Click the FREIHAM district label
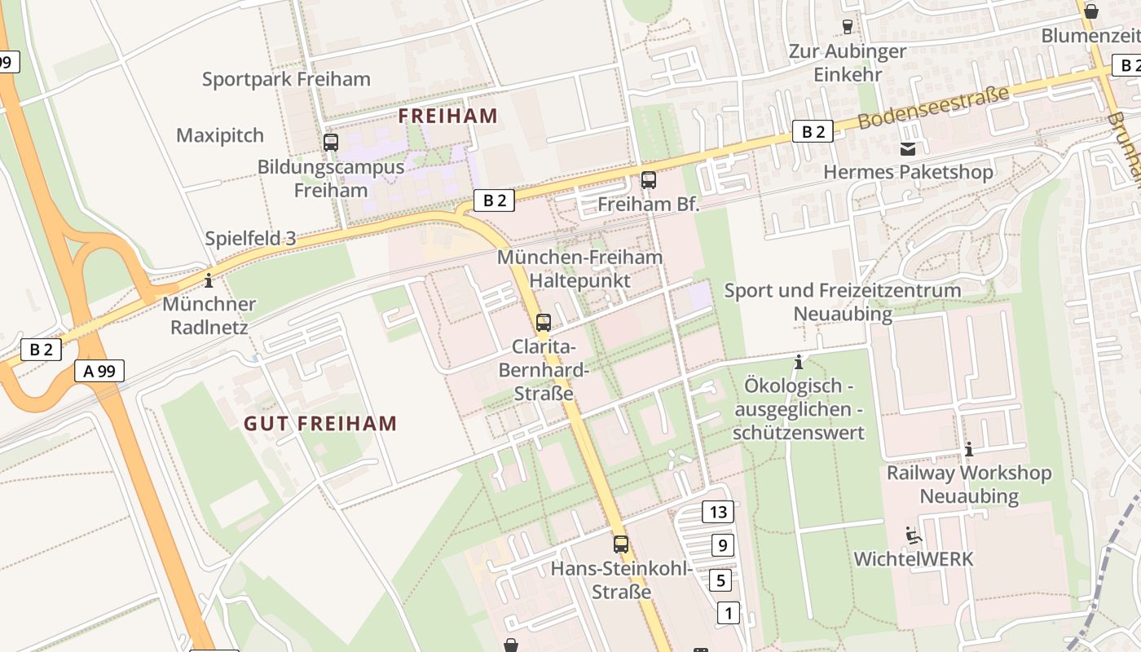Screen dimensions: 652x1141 click(x=447, y=116)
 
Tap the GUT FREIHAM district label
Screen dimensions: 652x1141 click(x=320, y=424)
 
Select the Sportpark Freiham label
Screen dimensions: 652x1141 click(x=286, y=79)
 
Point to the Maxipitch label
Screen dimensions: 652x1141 click(x=220, y=134)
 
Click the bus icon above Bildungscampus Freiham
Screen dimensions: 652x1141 click(x=331, y=143)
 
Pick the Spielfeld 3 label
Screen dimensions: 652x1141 click(x=250, y=239)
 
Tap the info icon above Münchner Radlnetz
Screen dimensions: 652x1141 click(x=209, y=281)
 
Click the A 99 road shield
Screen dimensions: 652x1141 click(x=99, y=371)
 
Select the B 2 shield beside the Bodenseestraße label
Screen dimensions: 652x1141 click(x=813, y=131)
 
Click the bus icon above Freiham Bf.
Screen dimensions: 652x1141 click(x=649, y=180)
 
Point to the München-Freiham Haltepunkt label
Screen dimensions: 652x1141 click(x=579, y=268)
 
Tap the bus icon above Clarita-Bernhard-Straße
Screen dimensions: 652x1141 click(x=544, y=322)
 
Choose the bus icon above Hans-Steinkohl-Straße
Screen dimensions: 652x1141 click(x=621, y=544)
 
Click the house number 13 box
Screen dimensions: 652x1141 click(x=718, y=512)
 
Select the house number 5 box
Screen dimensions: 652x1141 click(x=720, y=580)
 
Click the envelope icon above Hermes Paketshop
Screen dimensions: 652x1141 click(x=907, y=149)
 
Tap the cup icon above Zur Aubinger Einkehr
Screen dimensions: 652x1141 click(x=847, y=27)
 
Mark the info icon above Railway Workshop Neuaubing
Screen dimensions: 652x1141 click(x=969, y=449)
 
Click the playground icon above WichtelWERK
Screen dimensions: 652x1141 click(x=913, y=535)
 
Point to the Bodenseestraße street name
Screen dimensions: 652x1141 click(x=933, y=108)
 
